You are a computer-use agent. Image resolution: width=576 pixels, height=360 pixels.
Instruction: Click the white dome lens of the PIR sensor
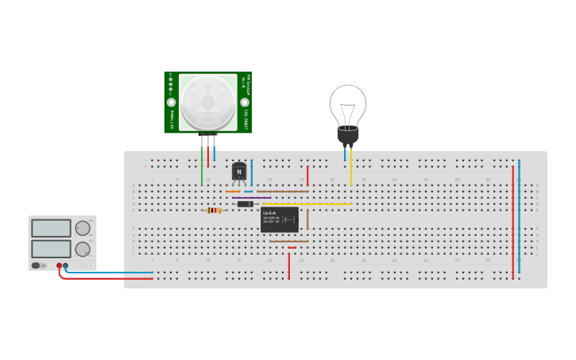[x=208, y=103]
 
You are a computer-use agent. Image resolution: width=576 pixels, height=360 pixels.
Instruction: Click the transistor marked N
[x=239, y=172]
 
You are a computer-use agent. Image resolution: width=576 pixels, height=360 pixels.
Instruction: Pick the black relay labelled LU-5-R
[x=280, y=219]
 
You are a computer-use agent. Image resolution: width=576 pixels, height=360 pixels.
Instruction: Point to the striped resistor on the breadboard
[x=214, y=211]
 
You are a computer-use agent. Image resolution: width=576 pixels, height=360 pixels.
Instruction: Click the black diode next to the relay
[x=245, y=204]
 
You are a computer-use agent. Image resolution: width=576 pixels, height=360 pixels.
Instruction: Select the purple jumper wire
[x=251, y=198]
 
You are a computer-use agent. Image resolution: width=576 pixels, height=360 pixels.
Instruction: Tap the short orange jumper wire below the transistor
[x=233, y=192]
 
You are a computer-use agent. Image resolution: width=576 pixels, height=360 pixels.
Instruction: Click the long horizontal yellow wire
[x=310, y=204]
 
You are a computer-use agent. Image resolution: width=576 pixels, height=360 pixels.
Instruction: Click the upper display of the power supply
[x=52, y=228]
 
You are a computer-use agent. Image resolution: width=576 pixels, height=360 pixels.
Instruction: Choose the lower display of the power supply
[x=52, y=249]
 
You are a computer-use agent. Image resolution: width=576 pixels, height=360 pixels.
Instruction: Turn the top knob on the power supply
[x=82, y=228]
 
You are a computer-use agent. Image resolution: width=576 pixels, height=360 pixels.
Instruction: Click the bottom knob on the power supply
[x=82, y=249]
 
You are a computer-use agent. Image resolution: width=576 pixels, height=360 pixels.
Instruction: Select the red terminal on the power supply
[x=59, y=266]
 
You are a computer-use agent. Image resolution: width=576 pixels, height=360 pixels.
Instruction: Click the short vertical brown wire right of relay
[x=307, y=219]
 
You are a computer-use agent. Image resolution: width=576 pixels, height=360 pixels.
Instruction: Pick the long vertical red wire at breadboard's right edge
[x=512, y=223]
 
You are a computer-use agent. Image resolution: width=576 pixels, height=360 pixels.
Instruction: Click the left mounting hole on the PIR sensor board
[x=171, y=103]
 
